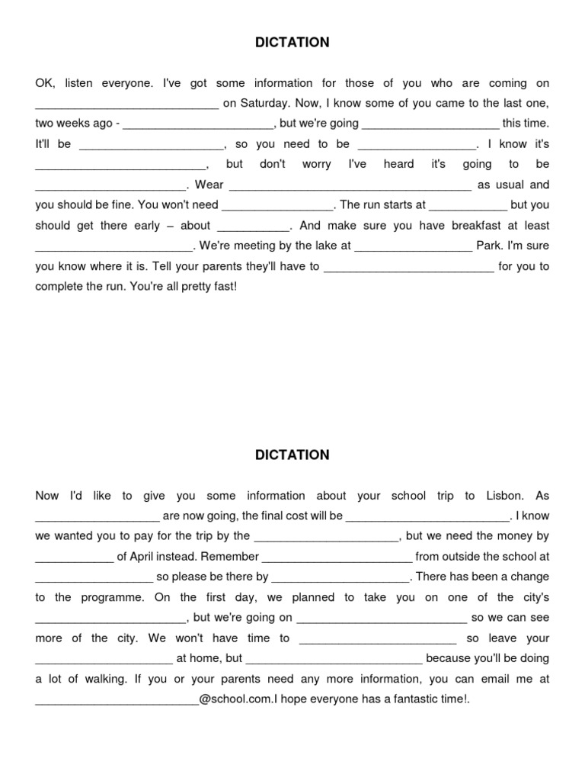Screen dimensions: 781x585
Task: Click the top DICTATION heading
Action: click(292, 43)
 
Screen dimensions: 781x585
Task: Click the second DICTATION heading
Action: click(292, 455)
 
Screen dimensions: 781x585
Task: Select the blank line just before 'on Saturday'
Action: click(127, 105)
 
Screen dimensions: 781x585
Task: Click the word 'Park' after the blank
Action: click(487, 246)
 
